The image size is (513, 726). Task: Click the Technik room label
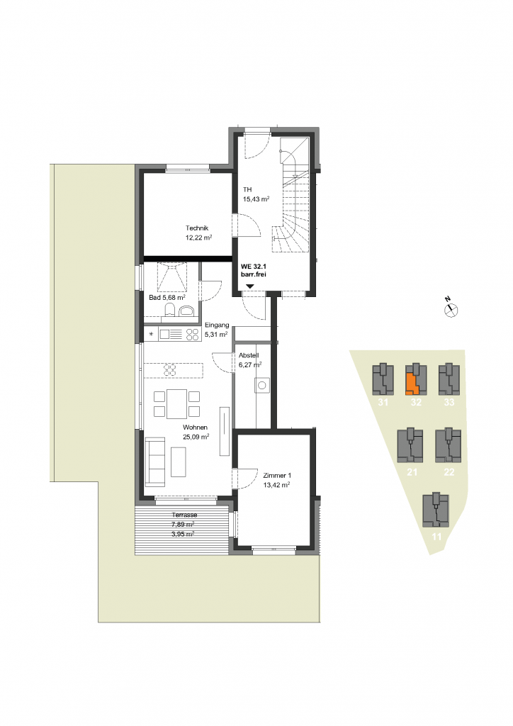coord(197,228)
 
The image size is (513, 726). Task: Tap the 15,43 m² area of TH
coord(256,199)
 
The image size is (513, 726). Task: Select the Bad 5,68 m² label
coord(167,297)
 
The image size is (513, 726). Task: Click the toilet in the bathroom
coord(170,310)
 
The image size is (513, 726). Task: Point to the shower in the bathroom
coord(172,277)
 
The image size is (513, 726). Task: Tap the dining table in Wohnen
coord(176,404)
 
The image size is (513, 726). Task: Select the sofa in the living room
coord(155,462)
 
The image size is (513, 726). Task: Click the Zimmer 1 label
coord(277,476)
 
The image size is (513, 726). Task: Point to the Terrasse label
coord(184,515)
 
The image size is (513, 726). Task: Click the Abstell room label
coord(249,355)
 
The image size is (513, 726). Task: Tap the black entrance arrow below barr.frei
coord(249,287)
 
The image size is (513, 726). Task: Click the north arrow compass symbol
coord(451,311)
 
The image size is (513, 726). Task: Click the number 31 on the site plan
coord(383,403)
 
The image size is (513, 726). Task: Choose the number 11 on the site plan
coord(436,537)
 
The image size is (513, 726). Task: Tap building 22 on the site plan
coord(448,445)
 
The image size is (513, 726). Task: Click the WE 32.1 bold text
coord(254,267)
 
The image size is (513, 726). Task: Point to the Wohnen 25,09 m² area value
coord(196,437)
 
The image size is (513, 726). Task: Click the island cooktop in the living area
coord(170,370)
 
